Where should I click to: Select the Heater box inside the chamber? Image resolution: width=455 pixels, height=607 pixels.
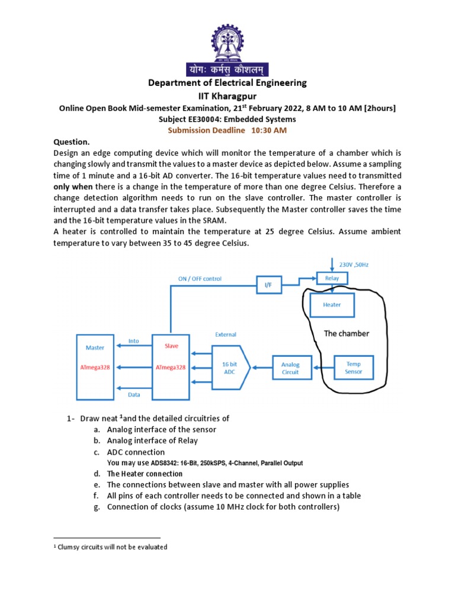click(332, 305)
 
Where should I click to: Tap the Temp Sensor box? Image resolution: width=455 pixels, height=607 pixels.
click(353, 368)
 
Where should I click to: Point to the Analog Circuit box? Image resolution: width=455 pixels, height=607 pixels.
click(290, 369)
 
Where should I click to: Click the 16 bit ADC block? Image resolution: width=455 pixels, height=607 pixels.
click(229, 368)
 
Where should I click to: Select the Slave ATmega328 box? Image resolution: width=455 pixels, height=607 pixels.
click(171, 366)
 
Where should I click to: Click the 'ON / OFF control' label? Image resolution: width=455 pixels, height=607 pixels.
click(200, 278)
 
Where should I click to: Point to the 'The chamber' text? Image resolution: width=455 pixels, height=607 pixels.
click(346, 334)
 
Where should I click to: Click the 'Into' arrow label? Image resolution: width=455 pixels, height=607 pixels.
click(133, 341)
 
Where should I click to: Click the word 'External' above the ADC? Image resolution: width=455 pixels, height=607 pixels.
click(225, 334)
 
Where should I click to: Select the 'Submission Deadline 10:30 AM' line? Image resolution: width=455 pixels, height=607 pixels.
click(227, 130)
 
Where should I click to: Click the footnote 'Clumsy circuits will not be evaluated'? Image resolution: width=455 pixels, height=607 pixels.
click(112, 547)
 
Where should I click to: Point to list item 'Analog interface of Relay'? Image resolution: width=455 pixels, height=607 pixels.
click(152, 440)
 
